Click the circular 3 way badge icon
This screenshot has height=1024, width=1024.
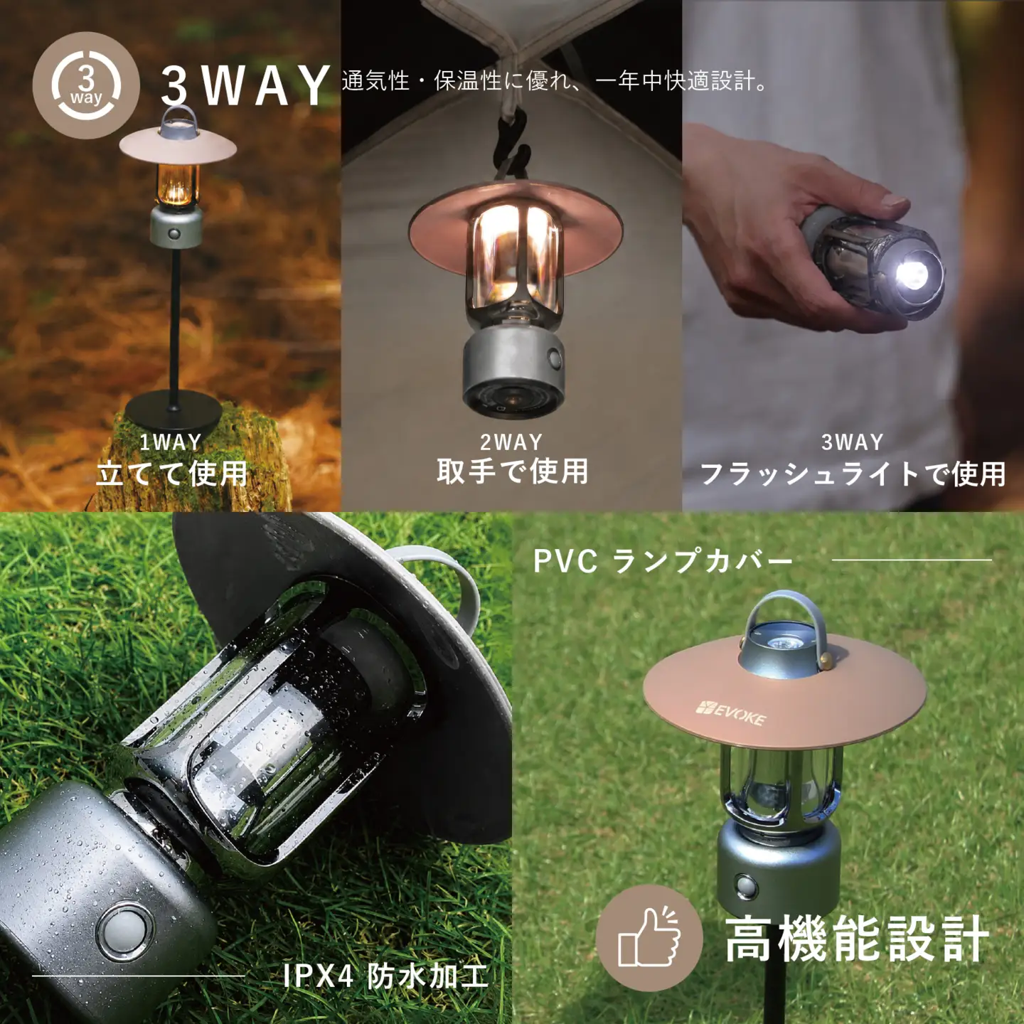coord(86,85)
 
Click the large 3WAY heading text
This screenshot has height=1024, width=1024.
coord(245,85)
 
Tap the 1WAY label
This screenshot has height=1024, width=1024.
coord(171,442)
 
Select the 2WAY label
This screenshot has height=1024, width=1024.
coord(511,442)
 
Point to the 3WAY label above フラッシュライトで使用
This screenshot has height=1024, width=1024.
coord(853,442)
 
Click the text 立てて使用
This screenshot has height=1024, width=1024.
coord(171,474)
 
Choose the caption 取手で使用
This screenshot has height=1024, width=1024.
coord(512,471)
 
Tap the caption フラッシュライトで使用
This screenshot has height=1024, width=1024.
coord(853,474)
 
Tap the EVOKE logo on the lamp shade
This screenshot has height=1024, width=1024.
coord(731,714)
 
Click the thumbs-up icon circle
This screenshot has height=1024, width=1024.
coord(649,938)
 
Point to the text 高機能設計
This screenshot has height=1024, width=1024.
coord(857,939)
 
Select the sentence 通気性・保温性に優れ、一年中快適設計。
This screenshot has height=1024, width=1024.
coord(554,81)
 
